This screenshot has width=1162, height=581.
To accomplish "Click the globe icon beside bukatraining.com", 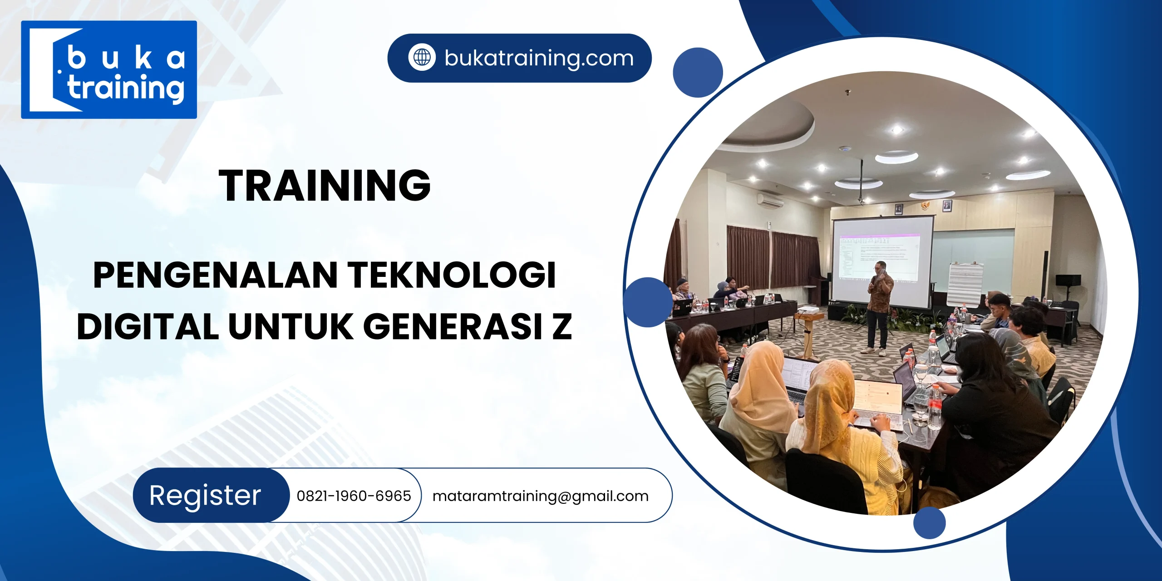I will click(x=422, y=58).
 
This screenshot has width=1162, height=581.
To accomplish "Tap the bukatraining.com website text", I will click(x=539, y=58).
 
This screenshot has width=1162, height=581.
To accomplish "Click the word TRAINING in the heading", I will click(x=325, y=185).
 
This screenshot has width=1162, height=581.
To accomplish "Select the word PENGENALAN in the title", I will click(x=215, y=275).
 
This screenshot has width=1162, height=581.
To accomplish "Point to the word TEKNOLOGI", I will click(x=452, y=275).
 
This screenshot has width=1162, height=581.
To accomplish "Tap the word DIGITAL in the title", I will click(x=148, y=326).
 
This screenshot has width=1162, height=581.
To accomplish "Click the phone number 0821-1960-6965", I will click(x=354, y=496).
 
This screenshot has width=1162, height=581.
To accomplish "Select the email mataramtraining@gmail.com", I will click(x=540, y=496).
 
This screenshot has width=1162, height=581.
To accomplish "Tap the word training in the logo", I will click(x=126, y=88).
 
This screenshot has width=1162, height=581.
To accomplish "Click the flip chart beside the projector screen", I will click(x=965, y=284).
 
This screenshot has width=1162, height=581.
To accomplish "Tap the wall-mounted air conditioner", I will click(x=770, y=200).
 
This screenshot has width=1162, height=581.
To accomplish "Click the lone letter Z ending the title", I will click(x=562, y=326).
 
